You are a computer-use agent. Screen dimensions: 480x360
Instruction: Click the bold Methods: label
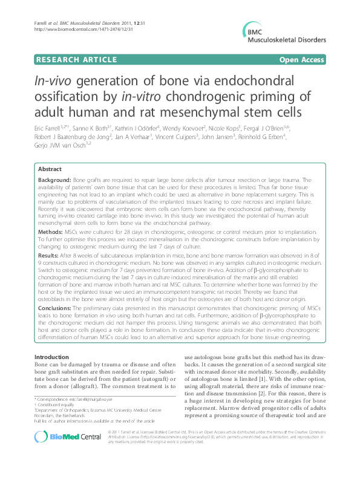(50, 231)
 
